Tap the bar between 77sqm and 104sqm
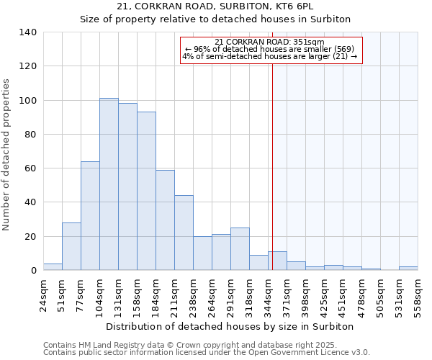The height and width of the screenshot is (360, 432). coord(90,216)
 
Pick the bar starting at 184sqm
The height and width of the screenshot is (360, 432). coord(165,220)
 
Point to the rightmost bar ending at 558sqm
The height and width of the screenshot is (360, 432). coord(408,269)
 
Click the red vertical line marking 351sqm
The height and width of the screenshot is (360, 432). coord(272,158)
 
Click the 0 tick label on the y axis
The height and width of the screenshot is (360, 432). coord(33,271)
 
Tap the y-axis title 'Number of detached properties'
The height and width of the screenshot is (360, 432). coord(6,155)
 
